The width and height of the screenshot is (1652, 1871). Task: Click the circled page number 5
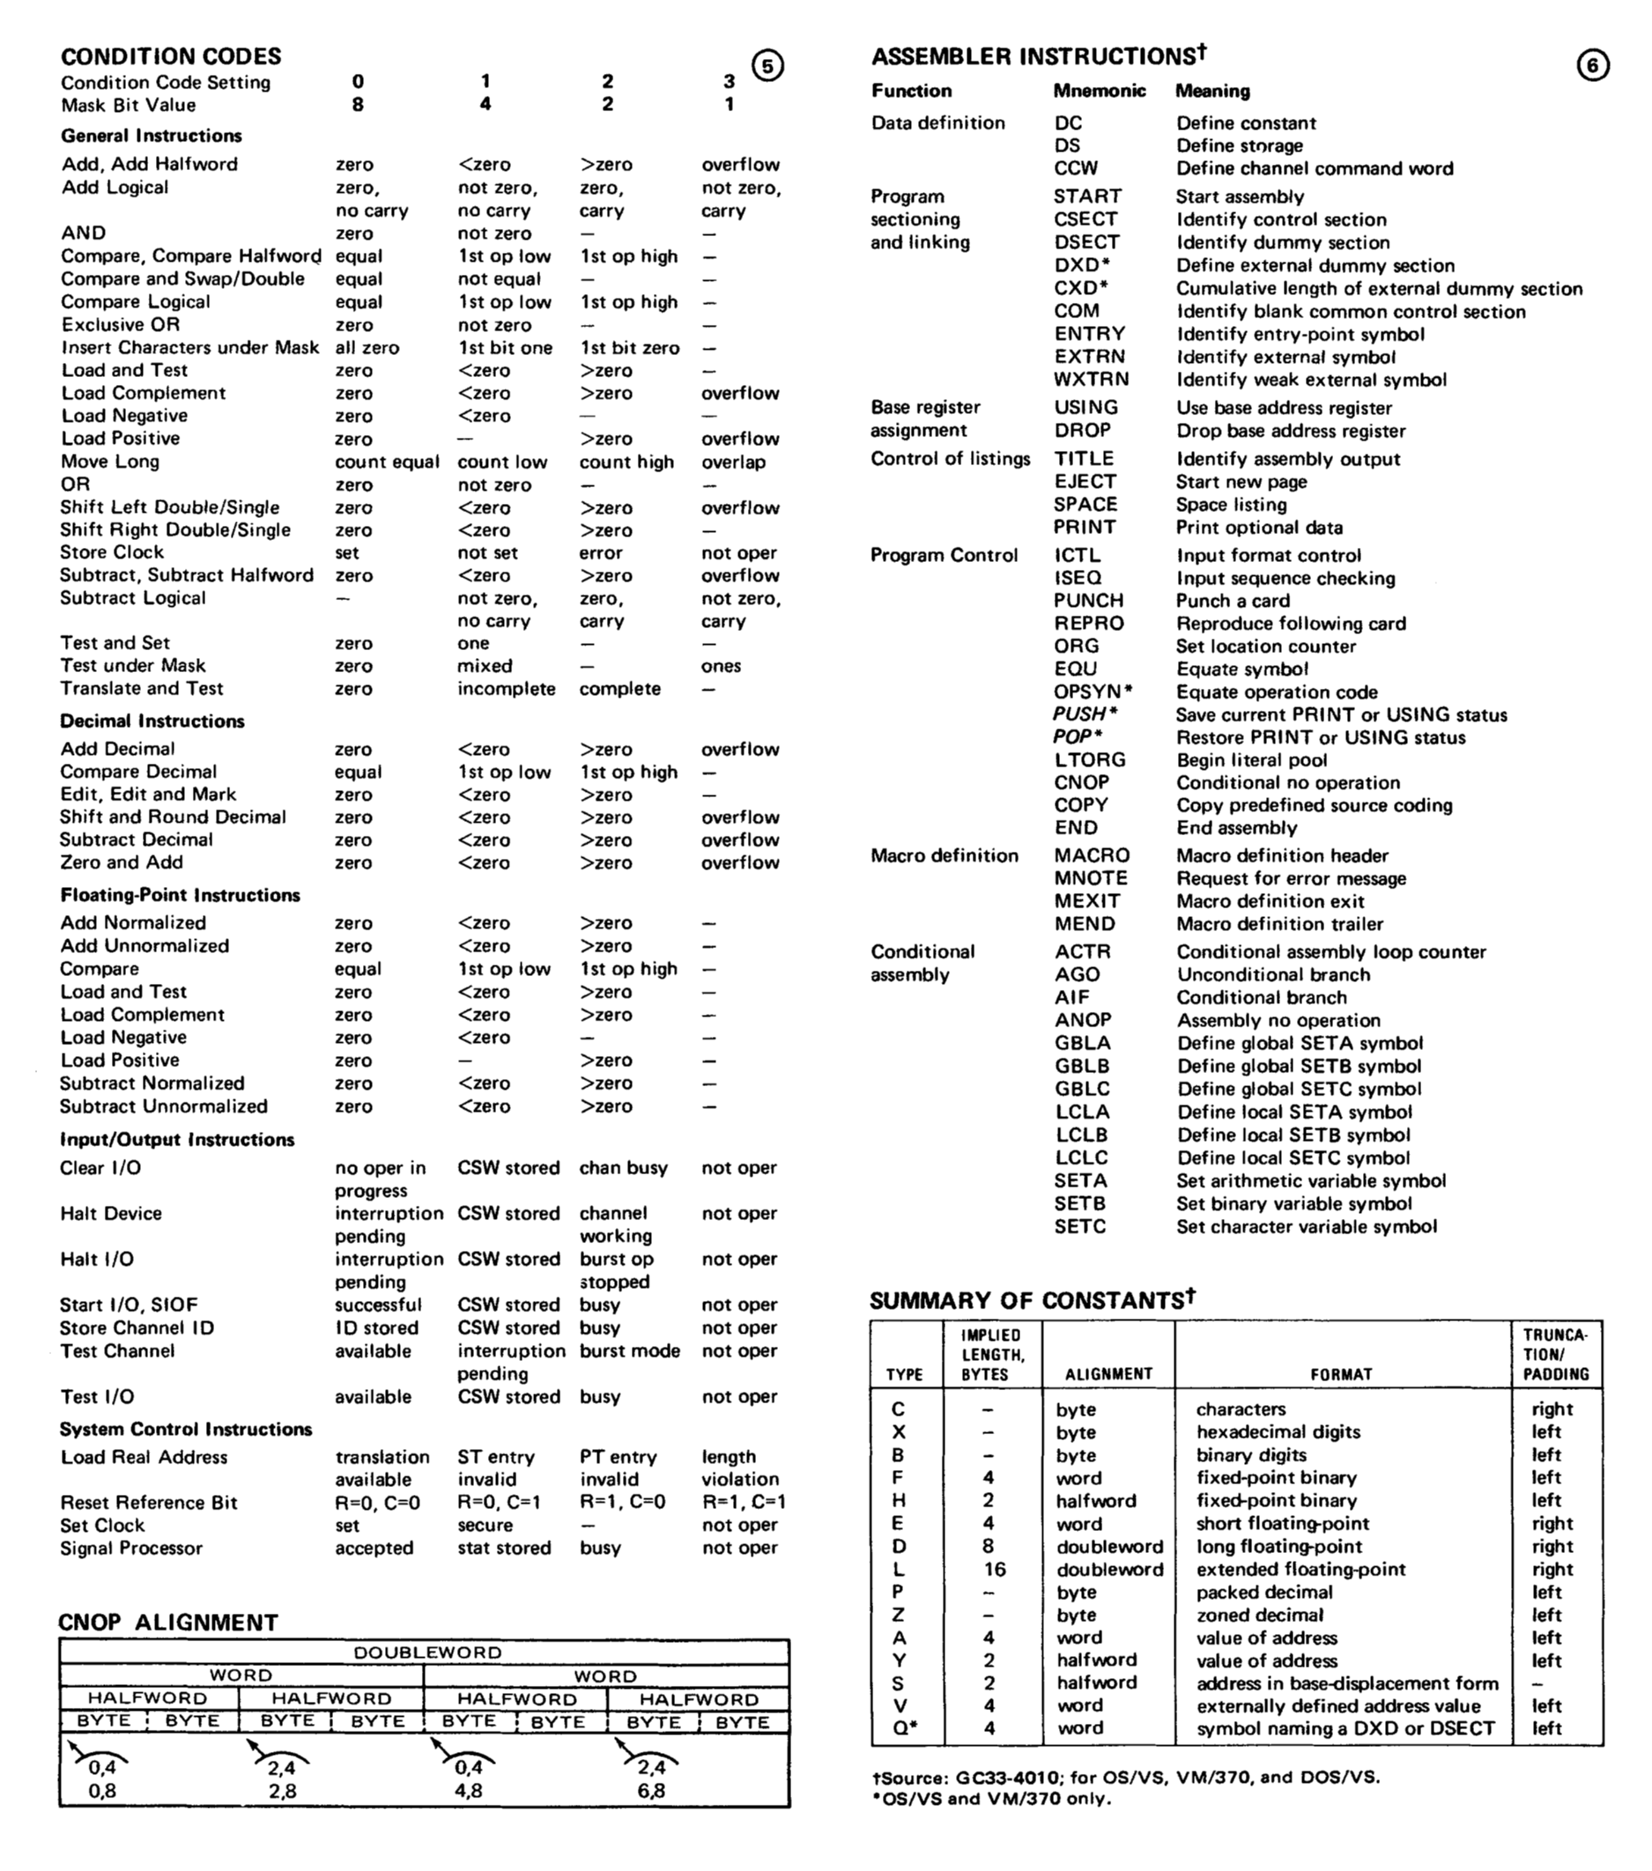[x=767, y=66]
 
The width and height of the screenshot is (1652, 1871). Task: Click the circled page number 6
[x=1592, y=66]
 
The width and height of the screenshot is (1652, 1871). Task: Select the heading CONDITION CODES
[x=171, y=55]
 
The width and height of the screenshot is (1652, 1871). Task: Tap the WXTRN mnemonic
[x=1091, y=380]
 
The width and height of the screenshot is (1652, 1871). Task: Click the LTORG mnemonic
[x=1089, y=759]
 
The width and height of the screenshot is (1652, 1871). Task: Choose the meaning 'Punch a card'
[x=1233, y=601]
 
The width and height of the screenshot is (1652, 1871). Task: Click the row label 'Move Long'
[x=110, y=462]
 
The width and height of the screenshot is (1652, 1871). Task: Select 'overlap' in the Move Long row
[x=734, y=462]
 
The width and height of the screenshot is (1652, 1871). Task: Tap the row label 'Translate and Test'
[x=143, y=688]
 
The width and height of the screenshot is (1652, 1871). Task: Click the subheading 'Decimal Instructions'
[x=152, y=721]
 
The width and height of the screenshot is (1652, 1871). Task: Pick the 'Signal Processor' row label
[x=131, y=1548]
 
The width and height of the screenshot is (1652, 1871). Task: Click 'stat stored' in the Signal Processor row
[x=504, y=1548]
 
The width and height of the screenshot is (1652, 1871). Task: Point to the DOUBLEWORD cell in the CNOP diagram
[x=426, y=1653]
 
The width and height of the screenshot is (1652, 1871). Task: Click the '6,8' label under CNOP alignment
[x=651, y=1791]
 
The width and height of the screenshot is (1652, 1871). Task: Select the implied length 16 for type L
[x=995, y=1569]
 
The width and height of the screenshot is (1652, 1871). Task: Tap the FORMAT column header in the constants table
[x=1341, y=1374]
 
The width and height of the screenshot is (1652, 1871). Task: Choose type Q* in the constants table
[x=904, y=1728]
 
